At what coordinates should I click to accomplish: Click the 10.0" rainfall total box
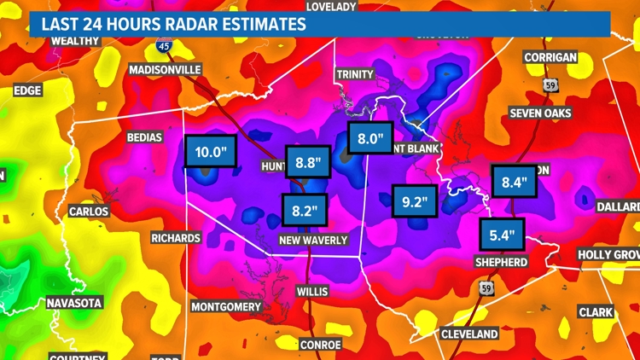[209, 154]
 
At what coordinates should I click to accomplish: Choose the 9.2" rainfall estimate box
[414, 202]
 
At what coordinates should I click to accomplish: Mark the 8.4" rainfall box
[515, 182]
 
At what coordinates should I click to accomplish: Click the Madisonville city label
[166, 70]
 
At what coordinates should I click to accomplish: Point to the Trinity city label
[355, 74]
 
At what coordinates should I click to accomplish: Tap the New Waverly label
[313, 241]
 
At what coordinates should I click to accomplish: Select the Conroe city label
[320, 345]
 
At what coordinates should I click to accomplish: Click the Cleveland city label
[469, 334]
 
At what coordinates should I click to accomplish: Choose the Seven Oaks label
[540, 113]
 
